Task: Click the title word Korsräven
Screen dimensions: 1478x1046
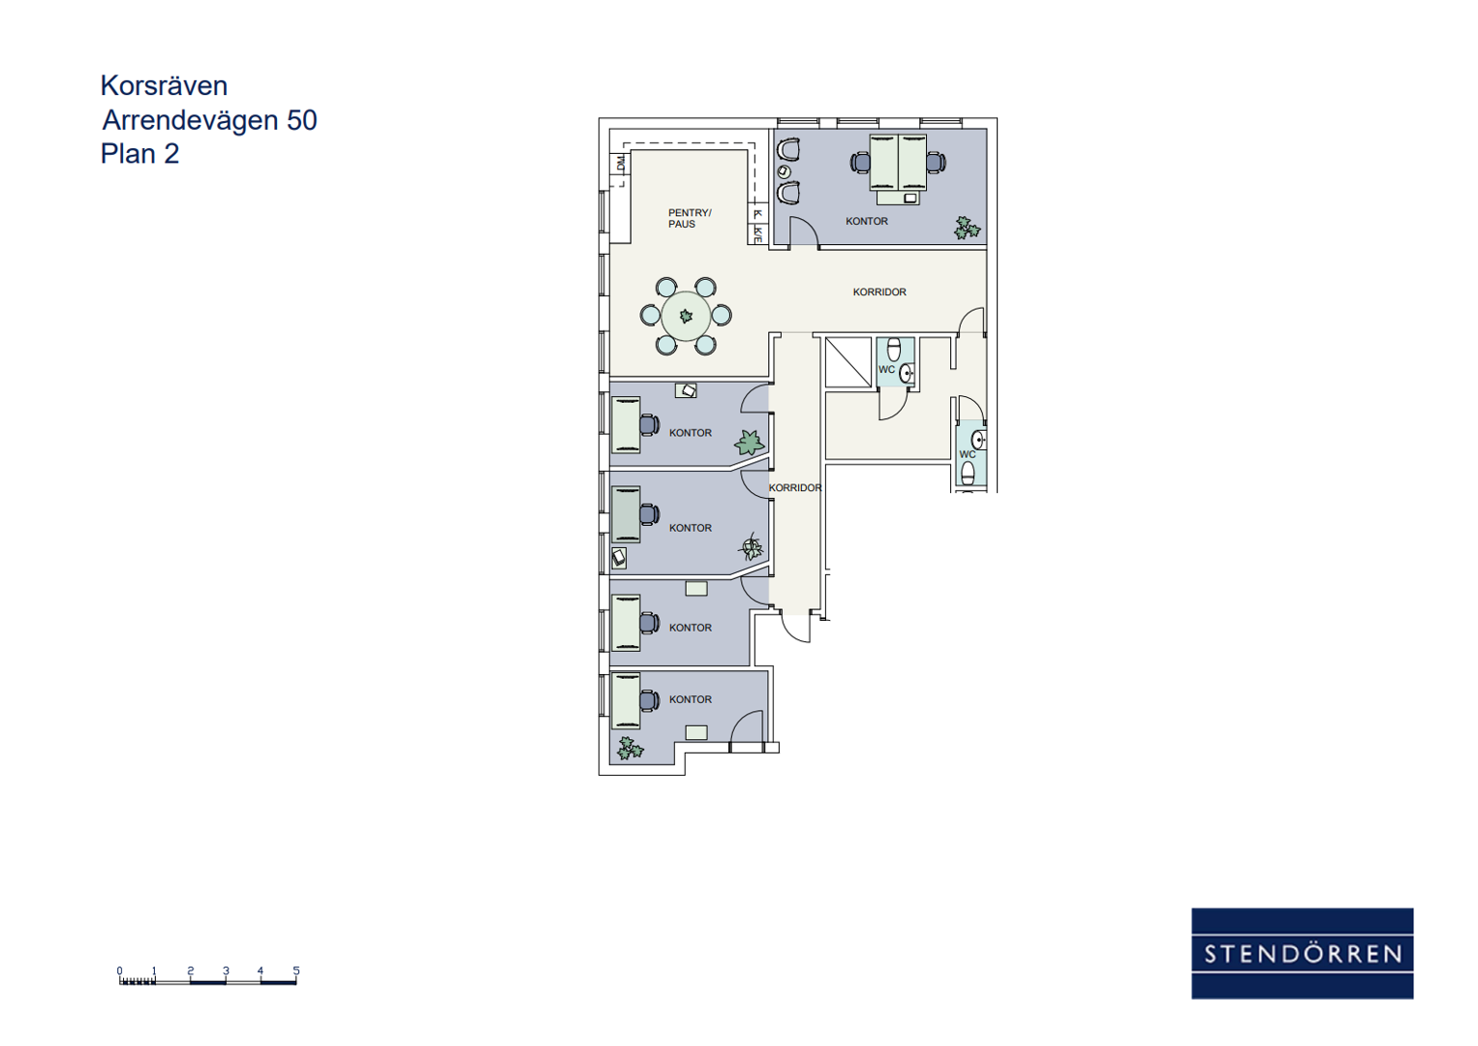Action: pos(164,86)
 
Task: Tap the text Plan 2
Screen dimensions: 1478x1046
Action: pos(139,154)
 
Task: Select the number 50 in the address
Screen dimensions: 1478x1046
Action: pos(302,120)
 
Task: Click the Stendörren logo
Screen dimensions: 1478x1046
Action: pos(1302,953)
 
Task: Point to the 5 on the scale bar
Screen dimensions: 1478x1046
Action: pos(296,970)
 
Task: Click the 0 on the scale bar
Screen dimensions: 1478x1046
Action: pos(119,970)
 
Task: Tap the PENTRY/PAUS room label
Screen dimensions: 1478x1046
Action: pos(690,219)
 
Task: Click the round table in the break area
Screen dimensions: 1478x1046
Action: pos(686,316)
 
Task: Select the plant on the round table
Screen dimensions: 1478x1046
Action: pos(686,316)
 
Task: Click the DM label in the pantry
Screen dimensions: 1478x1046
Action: pos(620,163)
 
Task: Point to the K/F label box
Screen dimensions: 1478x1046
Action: pos(758,233)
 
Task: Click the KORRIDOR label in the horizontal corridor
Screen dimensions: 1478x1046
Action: pos(879,292)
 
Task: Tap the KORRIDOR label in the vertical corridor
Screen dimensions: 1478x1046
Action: pos(795,488)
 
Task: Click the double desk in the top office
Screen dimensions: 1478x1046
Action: pos(898,163)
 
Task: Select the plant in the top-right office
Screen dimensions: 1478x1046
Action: pos(967,228)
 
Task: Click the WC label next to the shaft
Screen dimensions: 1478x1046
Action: pos(887,370)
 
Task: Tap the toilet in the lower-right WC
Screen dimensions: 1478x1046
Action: pos(968,474)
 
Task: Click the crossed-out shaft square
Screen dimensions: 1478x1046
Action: pos(848,362)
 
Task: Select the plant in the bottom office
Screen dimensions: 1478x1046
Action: pos(630,749)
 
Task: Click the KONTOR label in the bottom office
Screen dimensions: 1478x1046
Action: pos(691,699)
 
